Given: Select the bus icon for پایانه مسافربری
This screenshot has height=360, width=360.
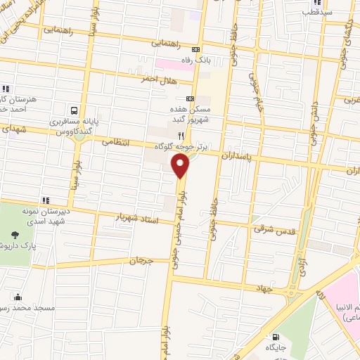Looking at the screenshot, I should click(x=73, y=110).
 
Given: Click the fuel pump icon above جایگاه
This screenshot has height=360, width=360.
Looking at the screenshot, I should click(x=275, y=336).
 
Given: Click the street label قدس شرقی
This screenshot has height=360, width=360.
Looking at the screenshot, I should click(x=276, y=229).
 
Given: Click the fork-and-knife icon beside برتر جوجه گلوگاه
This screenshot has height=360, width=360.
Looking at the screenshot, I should click(x=181, y=135).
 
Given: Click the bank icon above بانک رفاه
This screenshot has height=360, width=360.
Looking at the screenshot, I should click(x=196, y=49).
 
